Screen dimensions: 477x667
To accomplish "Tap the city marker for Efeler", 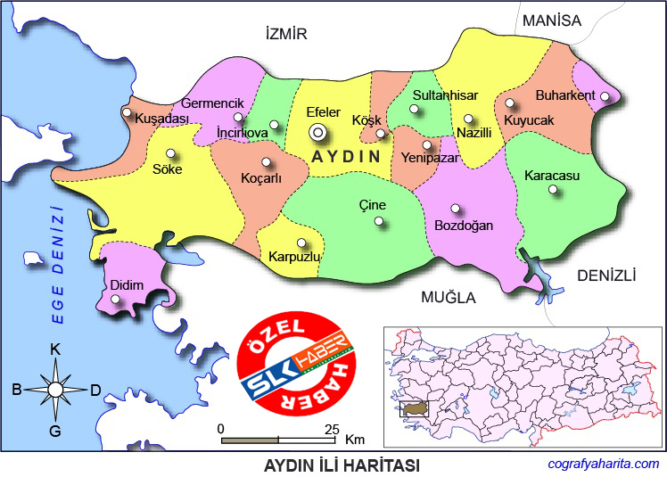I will tap(317, 132).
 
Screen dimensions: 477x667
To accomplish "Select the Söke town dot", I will tap(171, 152).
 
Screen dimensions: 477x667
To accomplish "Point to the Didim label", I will tap(127, 285).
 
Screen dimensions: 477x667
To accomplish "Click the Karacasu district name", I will tap(552, 176).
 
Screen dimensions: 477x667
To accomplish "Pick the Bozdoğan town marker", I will tap(456, 209).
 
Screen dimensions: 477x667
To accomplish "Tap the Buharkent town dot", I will tap(605, 96).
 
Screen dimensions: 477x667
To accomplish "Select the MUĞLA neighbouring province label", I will tap(449, 297).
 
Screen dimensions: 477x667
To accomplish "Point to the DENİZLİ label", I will tap(606, 276).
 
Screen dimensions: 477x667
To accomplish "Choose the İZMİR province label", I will tap(286, 34).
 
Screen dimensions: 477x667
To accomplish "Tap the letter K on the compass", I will tap(55, 349).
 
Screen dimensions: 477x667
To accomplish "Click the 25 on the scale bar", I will tap(332, 429).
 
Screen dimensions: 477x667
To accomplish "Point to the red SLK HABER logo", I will tap(297, 366).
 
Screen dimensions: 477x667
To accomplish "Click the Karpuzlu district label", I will tap(293, 257).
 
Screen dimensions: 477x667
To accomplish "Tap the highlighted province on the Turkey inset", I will tap(415, 407).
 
